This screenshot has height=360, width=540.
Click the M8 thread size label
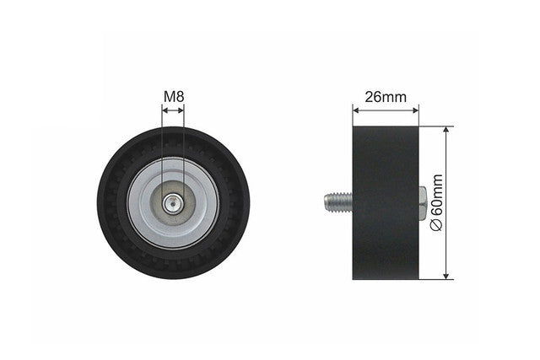point(174,97)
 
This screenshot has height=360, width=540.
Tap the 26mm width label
point(386,98)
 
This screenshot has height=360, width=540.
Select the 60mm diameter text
point(437,196)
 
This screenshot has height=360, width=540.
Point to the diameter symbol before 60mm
point(437,225)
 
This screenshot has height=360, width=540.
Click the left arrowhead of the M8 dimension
point(165,110)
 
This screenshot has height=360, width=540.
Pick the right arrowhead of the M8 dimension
point(181,110)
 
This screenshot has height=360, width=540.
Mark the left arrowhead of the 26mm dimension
point(356,110)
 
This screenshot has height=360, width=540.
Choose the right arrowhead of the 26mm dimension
point(415,110)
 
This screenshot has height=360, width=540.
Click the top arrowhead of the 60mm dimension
point(446,130)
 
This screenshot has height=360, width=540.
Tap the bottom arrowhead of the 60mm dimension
point(446,276)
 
